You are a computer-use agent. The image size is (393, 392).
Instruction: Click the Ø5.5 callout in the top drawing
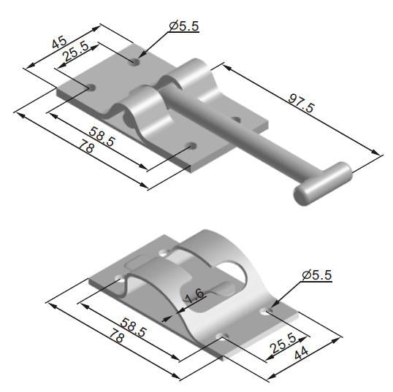point(183,27)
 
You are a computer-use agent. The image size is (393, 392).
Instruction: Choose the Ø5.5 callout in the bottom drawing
point(316,275)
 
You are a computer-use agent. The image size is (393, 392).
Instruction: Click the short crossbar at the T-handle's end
point(323,182)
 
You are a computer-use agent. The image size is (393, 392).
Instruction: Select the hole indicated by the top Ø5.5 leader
point(135,62)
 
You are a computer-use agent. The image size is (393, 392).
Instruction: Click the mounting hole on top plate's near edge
point(192,147)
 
